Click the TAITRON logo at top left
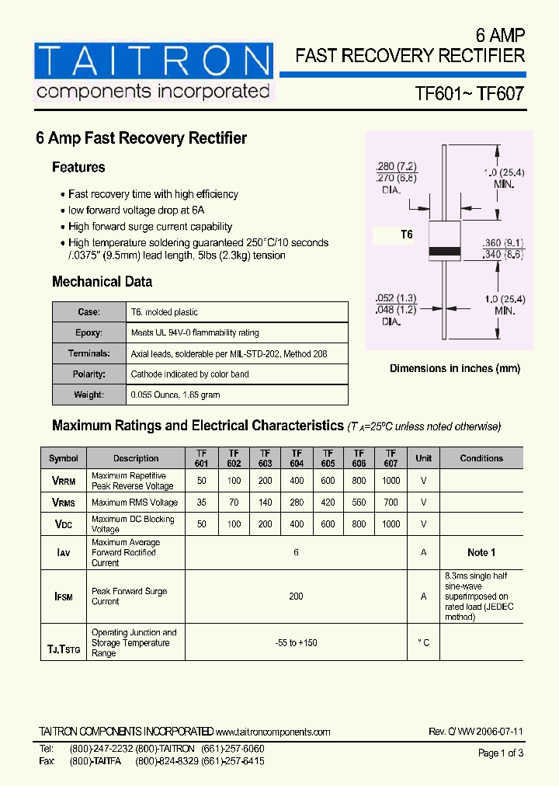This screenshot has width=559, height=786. tap(154, 71)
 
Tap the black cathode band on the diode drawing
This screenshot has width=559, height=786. tap(445, 251)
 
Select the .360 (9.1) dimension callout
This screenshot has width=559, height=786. tap(503, 242)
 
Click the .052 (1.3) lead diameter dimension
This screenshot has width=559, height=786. tap(396, 297)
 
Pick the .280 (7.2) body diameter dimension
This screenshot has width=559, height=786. tap(396, 166)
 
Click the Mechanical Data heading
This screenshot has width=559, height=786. tap(102, 282)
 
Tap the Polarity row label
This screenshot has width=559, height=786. tap(89, 374)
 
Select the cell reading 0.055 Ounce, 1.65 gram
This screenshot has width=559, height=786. tap(175, 395)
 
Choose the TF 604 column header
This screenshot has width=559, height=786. tap(297, 458)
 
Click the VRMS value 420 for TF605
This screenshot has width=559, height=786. tap(328, 503)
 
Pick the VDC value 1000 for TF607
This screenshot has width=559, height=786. tap(391, 524)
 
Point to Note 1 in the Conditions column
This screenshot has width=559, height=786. tap(481, 552)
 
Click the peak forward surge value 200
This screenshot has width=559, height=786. tap(296, 596)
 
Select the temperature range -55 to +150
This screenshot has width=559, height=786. tap(296, 643)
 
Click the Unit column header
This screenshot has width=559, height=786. tap(423, 458)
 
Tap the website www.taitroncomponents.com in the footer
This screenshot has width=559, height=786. tap(273, 732)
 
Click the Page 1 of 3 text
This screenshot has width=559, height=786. tap(501, 753)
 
